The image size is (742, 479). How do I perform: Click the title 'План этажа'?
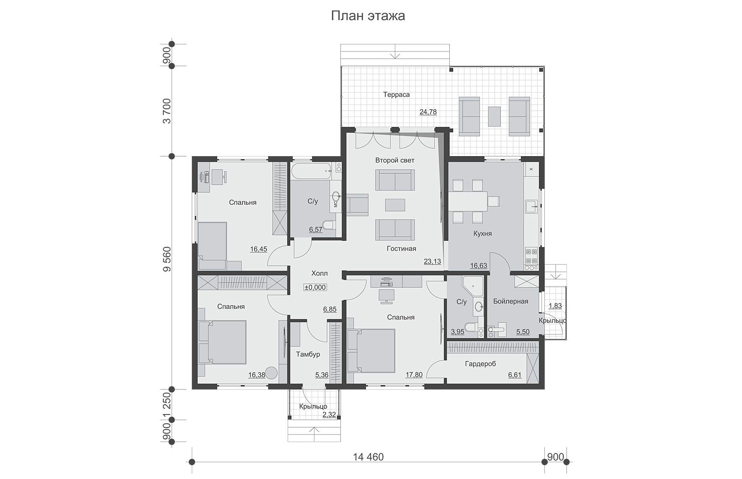click(368, 16)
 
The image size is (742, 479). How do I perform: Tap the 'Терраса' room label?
click(397, 95)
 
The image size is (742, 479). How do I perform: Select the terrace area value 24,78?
click(428, 112)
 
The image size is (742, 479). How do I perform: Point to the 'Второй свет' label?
click(395, 160)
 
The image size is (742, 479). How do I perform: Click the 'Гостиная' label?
click(402, 249)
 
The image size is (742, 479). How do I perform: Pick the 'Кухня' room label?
click(482, 234)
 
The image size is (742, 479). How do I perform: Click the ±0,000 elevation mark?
click(315, 288)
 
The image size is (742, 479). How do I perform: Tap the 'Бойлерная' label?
click(510, 301)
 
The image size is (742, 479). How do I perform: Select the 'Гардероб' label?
click(480, 364)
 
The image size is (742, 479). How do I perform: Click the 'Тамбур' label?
click(308, 354)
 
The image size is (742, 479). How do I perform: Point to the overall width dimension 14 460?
click(368, 457)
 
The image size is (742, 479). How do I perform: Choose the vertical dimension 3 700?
click(167, 111)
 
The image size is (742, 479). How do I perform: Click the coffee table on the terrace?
click(495, 116)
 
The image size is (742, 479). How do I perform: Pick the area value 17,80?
click(414, 375)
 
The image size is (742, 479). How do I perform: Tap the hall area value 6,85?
click(330, 309)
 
